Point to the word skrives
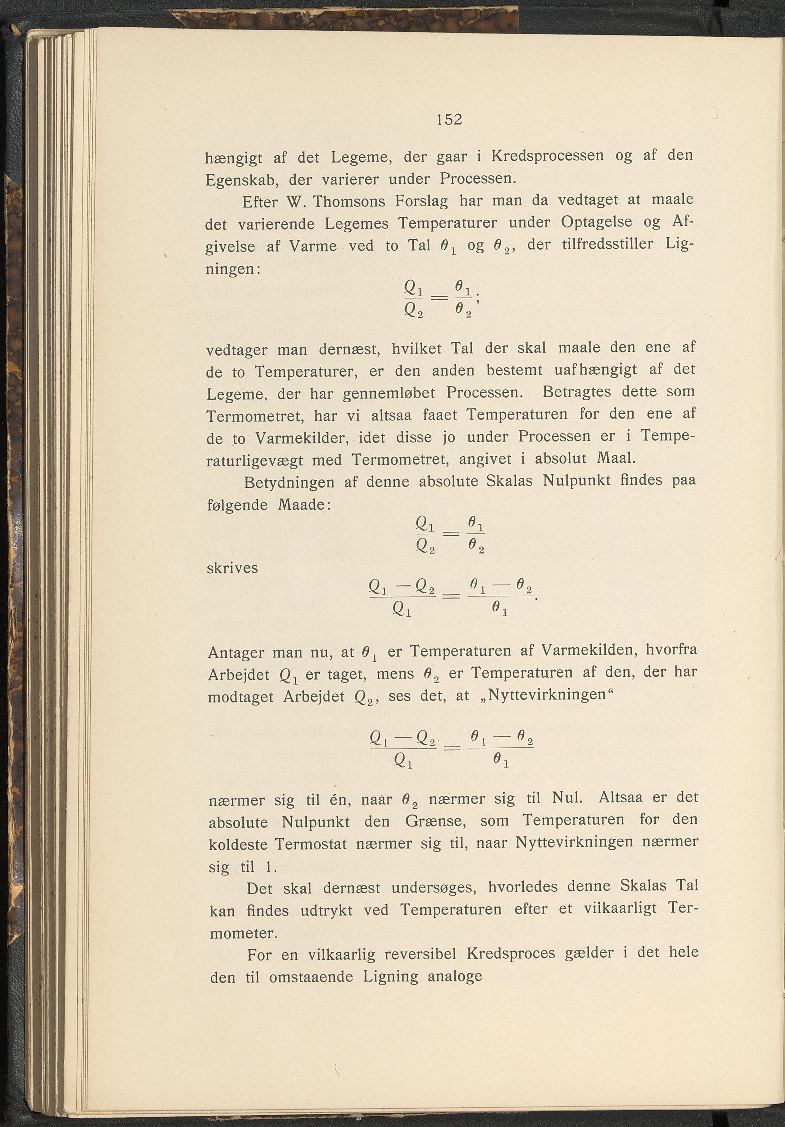click(232, 568)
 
